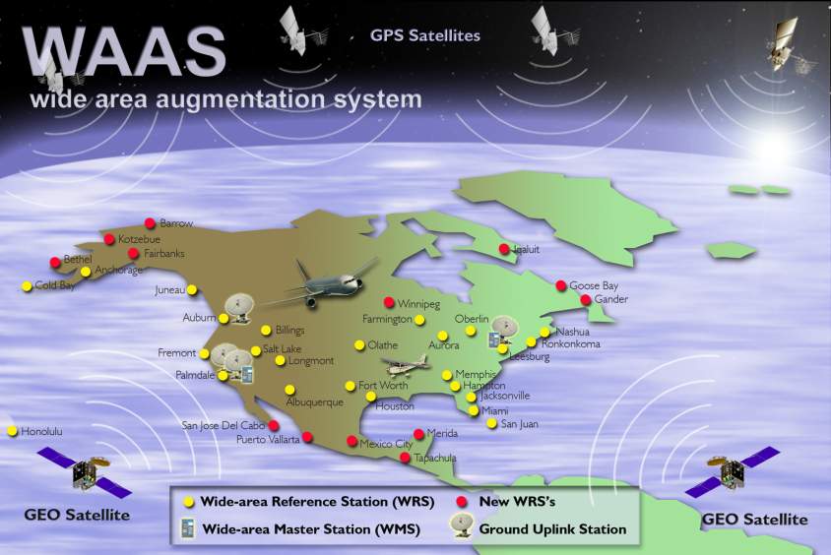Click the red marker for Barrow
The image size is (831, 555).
point(150,223)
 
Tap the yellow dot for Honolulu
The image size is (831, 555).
point(13,431)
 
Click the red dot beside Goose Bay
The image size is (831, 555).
point(561,285)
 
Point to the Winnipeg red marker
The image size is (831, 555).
point(388,302)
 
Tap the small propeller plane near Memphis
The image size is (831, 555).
point(409,367)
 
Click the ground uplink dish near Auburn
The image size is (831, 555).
point(238,308)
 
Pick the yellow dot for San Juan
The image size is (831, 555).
point(491,423)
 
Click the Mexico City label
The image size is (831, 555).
point(386,445)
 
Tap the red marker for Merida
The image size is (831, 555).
point(418,434)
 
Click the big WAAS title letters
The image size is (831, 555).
point(123,50)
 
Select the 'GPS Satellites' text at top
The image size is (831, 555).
point(425,36)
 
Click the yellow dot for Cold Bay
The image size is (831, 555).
point(27,286)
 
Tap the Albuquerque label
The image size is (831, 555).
point(314,402)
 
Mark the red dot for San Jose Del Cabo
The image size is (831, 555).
point(274,425)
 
